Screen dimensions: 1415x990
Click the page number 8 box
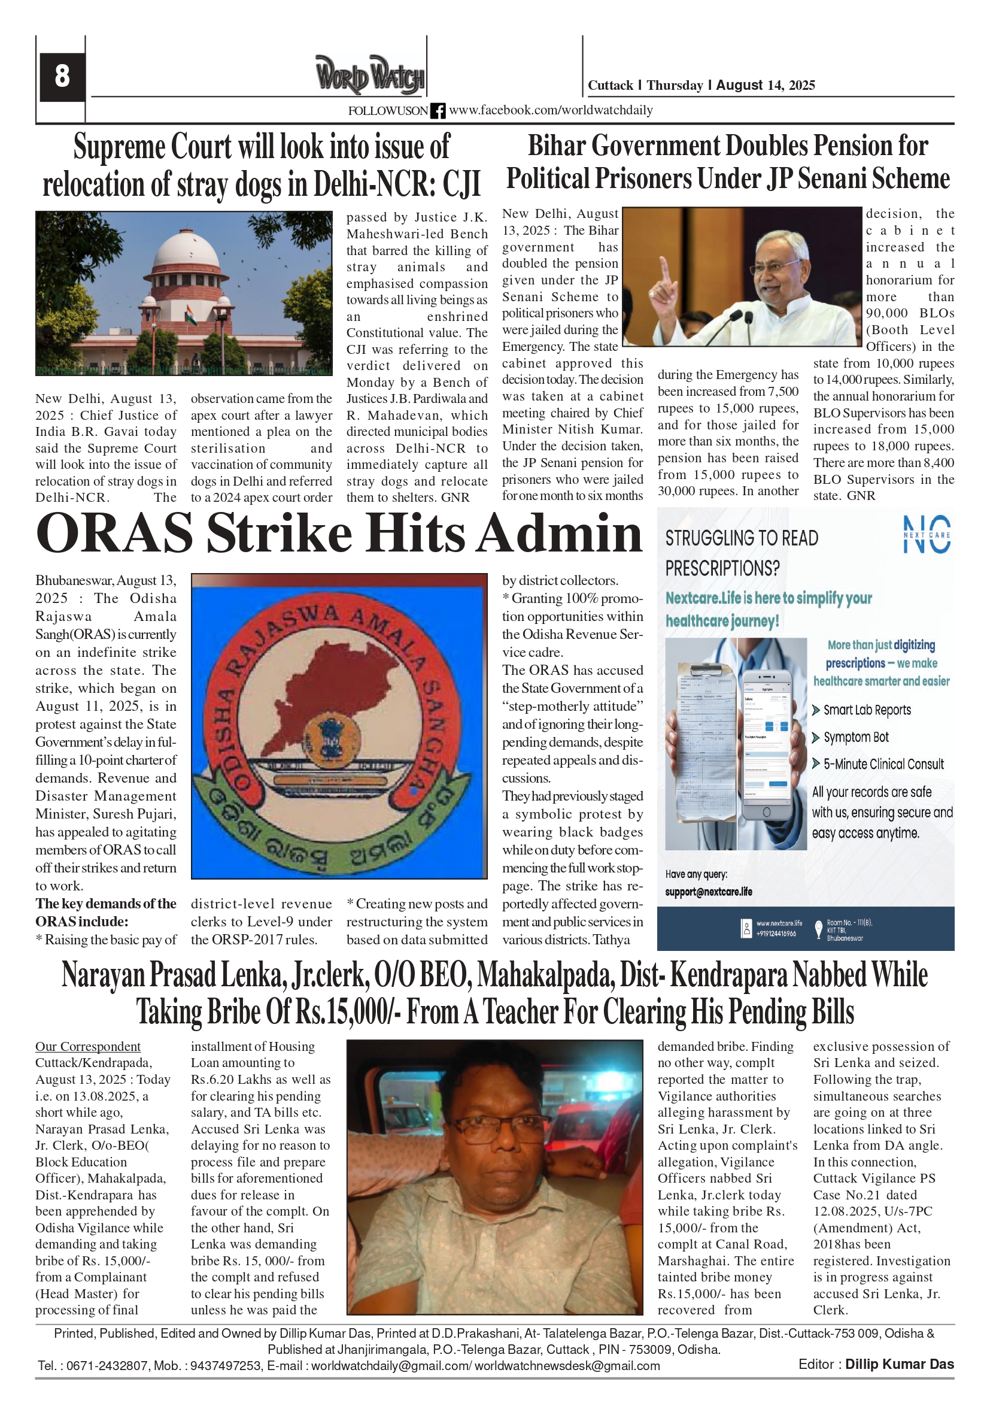[62, 77]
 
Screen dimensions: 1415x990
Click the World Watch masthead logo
[370, 75]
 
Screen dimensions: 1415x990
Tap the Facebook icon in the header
[438, 111]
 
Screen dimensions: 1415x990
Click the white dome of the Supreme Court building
[185, 250]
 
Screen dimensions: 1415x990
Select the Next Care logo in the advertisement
[926, 534]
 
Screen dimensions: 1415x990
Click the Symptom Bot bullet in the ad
[856, 737]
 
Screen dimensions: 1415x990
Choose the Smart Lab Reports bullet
[866, 710]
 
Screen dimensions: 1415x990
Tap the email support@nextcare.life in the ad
[709, 892]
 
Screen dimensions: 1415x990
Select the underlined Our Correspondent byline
[87, 1047]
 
